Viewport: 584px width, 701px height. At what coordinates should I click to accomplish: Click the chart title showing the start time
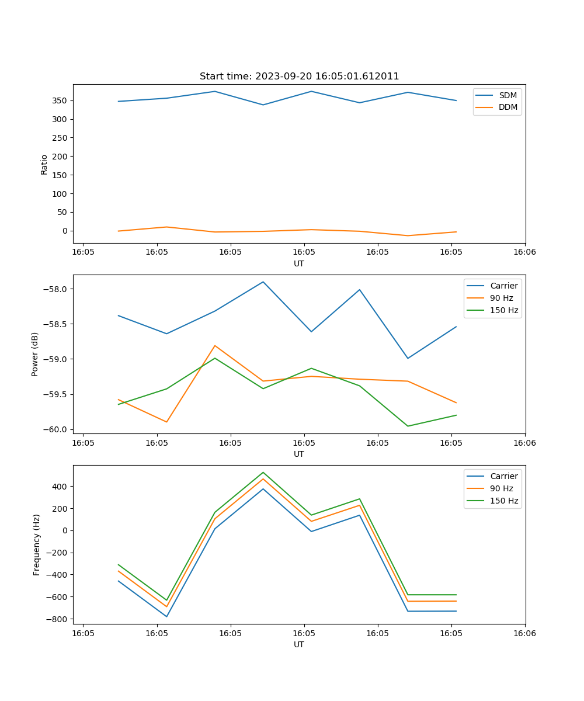[299, 77]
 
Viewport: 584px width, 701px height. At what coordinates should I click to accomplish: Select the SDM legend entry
[507, 95]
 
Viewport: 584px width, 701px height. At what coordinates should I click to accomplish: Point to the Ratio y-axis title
[44, 164]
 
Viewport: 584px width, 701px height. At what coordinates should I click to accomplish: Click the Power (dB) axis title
[35, 354]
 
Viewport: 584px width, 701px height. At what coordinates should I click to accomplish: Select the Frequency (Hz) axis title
[36, 544]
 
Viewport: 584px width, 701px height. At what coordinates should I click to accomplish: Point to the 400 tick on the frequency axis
[59, 487]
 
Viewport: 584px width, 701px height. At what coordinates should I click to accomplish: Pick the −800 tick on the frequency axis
[57, 619]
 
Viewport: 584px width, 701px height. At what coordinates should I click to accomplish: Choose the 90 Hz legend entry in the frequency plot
[502, 488]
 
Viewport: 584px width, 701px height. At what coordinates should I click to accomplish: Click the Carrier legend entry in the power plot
[503, 286]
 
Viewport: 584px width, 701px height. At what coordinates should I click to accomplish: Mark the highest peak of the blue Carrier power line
[263, 282]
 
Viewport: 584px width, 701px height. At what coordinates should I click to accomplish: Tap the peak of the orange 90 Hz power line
[215, 345]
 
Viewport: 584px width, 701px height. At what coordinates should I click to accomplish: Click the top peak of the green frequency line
[263, 472]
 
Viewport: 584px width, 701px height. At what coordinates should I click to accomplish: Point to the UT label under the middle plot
[299, 454]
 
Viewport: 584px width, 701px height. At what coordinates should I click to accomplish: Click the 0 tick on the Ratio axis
[64, 231]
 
